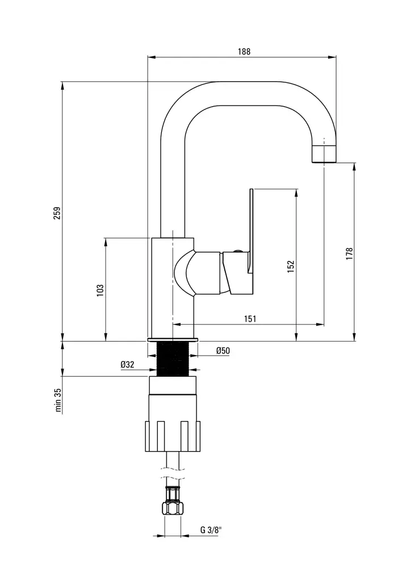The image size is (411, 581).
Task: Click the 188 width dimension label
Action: click(244, 51)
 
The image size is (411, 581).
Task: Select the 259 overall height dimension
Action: click(56, 213)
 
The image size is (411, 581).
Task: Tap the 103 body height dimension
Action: click(100, 290)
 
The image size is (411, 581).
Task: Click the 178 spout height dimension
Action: click(349, 254)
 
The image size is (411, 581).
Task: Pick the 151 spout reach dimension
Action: click(250, 319)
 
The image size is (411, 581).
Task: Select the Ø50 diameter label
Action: click(223, 351)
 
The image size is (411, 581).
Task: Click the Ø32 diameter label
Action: click(127, 365)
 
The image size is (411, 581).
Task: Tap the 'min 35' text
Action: click(57, 401)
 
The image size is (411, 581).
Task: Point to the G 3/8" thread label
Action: click(211, 531)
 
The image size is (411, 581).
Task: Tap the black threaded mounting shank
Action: click(173, 359)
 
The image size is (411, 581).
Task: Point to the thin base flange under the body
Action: click(173, 339)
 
